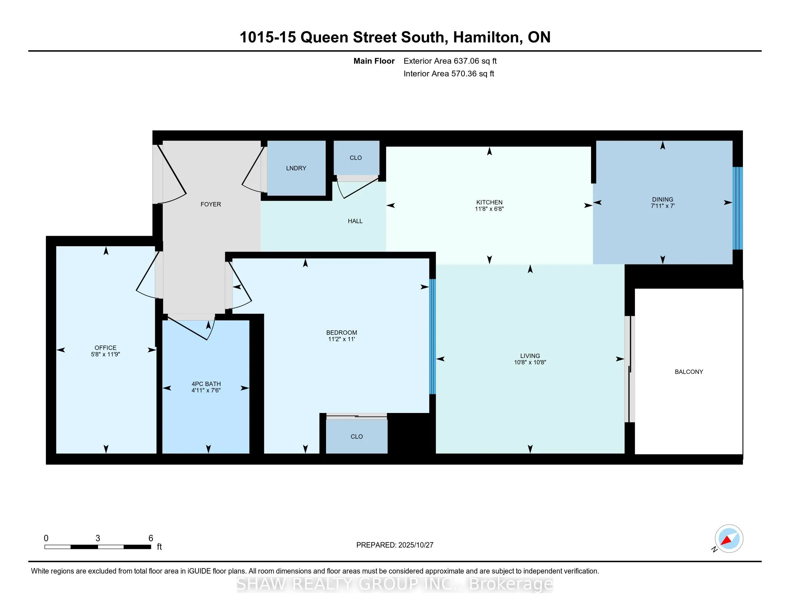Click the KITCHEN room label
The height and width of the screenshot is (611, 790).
[x=489, y=202]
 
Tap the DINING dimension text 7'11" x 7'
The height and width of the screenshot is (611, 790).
[x=662, y=206]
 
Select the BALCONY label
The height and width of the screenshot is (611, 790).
[x=689, y=372]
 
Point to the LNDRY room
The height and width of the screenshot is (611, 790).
[x=296, y=168]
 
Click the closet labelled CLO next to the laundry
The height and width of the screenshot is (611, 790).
[x=355, y=158]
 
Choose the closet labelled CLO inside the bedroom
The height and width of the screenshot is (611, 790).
[x=356, y=437]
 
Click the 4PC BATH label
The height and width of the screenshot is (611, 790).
[x=206, y=384]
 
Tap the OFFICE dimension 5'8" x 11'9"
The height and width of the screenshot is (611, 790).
[x=105, y=354]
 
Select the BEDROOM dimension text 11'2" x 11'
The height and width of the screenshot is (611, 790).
[x=341, y=339]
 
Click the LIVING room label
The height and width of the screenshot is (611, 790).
[x=530, y=356]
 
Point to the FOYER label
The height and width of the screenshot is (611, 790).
[x=210, y=205]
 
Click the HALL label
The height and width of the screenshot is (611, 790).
[x=355, y=221]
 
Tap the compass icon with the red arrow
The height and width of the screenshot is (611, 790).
[x=729, y=539]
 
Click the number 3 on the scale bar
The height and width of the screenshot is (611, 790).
[x=98, y=538]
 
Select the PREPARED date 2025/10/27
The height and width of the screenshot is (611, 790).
[x=415, y=545]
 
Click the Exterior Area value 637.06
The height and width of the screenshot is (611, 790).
[x=466, y=61]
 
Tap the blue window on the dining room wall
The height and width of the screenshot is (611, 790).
[x=738, y=208]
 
